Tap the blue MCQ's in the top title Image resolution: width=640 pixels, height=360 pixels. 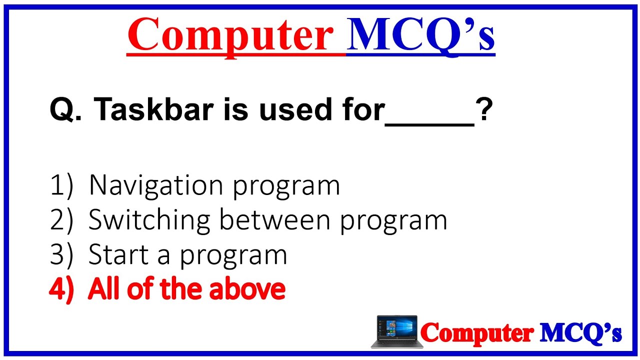(x=420, y=35)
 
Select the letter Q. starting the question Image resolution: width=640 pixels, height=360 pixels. (x=65, y=110)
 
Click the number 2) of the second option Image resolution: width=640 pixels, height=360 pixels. (x=61, y=220)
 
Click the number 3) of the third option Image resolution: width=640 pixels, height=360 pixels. (x=61, y=255)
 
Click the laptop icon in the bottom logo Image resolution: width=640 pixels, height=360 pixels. (x=396, y=331)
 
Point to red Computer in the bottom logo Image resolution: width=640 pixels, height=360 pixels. (x=477, y=332)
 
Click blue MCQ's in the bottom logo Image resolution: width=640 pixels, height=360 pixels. (x=580, y=332)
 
